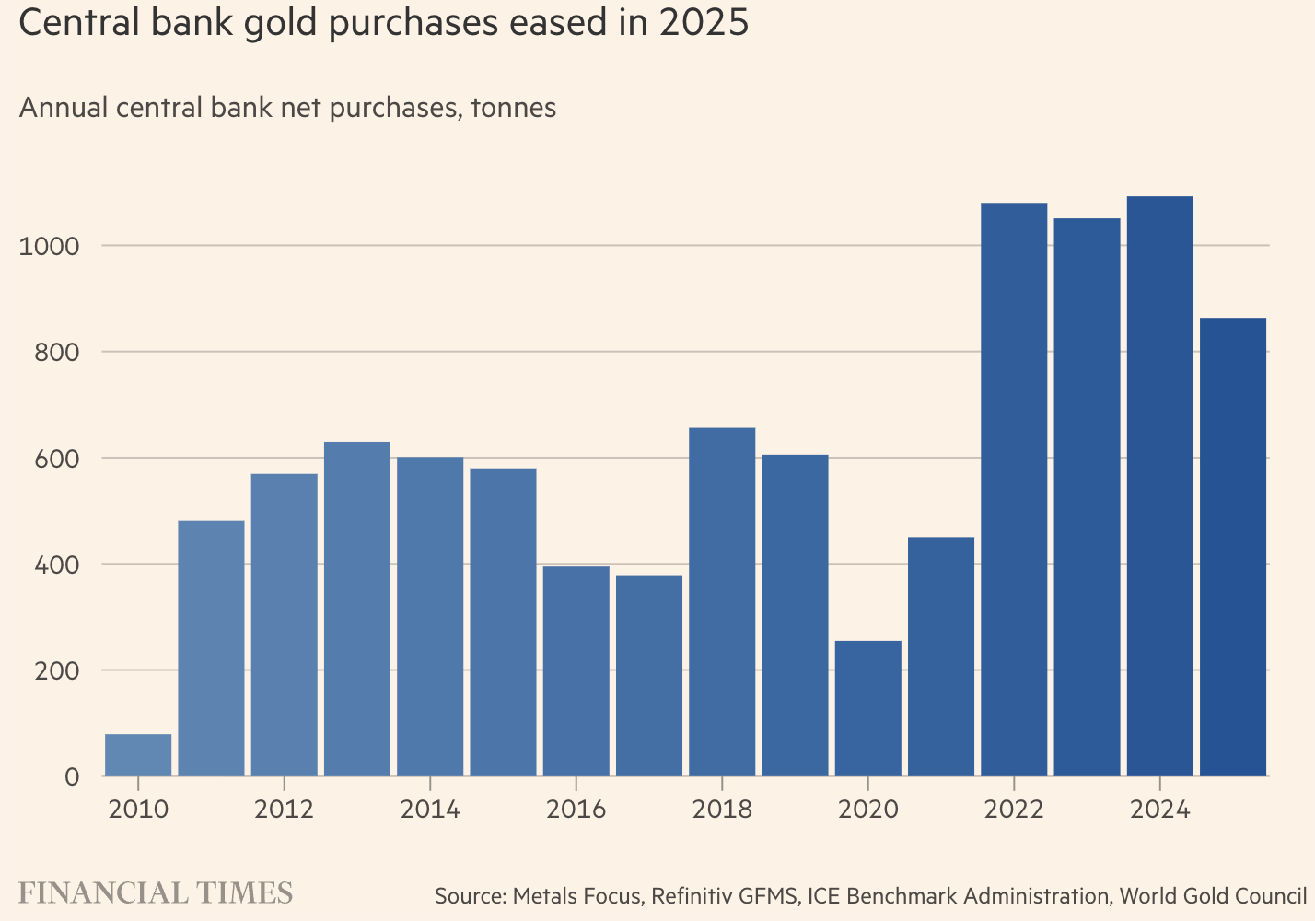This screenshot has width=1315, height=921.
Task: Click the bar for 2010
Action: pyautogui.click(x=138, y=754)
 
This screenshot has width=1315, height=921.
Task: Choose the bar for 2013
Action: pyautogui.click(x=357, y=609)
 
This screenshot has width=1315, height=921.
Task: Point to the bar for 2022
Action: pyautogui.click(x=1014, y=489)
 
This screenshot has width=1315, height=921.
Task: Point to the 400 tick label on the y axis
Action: pyautogui.click(x=59, y=564)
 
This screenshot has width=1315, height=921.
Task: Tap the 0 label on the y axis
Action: pyautogui.click(x=72, y=776)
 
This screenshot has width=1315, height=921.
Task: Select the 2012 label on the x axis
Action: pyautogui.click(x=284, y=810)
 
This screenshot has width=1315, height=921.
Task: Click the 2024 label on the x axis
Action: pyautogui.click(x=1159, y=810)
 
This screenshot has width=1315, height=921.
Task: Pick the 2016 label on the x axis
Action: pyautogui.click(x=576, y=810)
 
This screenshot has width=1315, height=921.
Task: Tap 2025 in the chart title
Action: pyautogui.click(x=704, y=23)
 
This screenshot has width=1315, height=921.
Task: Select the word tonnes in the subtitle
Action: pyautogui.click(x=513, y=108)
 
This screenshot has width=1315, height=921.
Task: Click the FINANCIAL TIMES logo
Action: pyautogui.click(x=156, y=892)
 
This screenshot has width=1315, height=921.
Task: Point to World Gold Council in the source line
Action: pyautogui.click(x=1213, y=895)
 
